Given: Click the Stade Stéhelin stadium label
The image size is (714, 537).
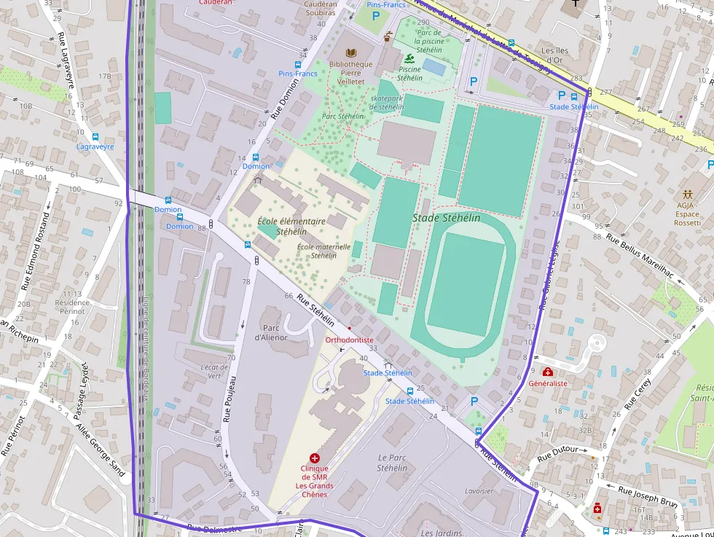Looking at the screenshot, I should (447, 218).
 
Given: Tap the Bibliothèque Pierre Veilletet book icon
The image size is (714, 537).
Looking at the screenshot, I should (351, 52).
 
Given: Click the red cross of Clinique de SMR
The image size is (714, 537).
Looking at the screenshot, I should (315, 458).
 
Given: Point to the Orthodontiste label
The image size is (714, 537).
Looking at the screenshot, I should (349, 340).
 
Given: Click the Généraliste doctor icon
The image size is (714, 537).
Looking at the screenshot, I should (547, 372).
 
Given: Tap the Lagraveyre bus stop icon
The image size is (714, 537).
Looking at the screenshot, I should (95, 136).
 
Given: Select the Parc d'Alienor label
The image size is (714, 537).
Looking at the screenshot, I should (271, 333).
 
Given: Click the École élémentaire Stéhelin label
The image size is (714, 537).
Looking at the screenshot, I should (291, 226).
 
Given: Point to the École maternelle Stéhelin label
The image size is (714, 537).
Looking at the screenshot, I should (323, 251).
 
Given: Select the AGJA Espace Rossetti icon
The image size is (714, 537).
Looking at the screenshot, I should (687, 195).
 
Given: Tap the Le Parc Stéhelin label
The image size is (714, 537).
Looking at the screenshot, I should (391, 463).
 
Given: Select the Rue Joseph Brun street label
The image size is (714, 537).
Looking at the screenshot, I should (648, 495).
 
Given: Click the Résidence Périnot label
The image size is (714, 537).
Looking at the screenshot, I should (72, 307).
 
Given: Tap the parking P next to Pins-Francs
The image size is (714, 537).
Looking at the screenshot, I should (376, 15).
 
